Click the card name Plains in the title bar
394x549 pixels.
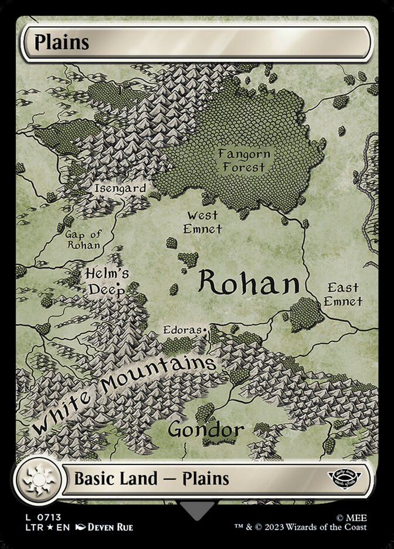pos(62,43)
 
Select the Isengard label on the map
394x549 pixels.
pos(120,188)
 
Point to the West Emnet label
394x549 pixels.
pos(202,222)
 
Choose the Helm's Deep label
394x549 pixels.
pos(107,281)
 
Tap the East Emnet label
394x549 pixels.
pos(343,294)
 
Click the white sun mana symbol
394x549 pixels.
pos(38,479)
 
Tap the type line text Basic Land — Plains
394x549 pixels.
pos(151,479)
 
